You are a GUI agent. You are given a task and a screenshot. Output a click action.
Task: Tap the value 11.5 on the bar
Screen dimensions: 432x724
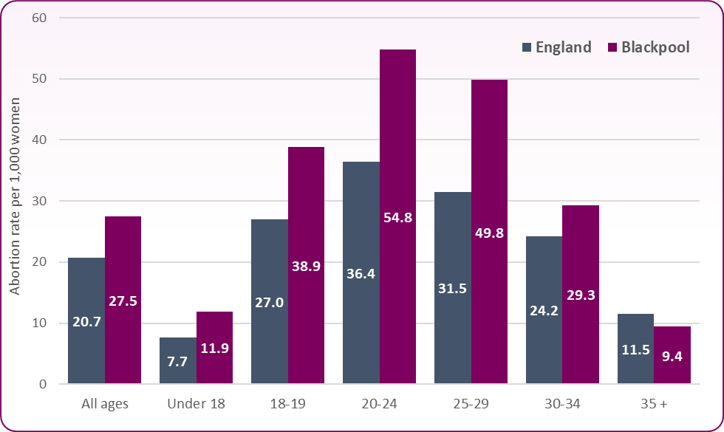point(635,350)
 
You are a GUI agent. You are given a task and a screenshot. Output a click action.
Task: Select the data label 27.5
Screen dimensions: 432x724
point(123,301)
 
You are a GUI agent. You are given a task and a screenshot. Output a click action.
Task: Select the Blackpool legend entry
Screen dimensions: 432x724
point(648,47)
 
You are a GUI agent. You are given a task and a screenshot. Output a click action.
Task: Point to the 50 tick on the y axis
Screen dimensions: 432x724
point(40,79)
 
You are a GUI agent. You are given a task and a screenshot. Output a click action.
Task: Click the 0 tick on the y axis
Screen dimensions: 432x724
point(44,384)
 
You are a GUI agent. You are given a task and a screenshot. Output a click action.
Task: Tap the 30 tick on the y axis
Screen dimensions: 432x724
point(40,201)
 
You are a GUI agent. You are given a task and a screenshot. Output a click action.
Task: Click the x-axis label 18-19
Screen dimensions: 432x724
point(288,404)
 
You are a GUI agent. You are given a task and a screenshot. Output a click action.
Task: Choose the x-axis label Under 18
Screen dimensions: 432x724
point(196,404)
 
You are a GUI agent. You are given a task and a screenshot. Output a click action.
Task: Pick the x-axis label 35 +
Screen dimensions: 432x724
point(654,404)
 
